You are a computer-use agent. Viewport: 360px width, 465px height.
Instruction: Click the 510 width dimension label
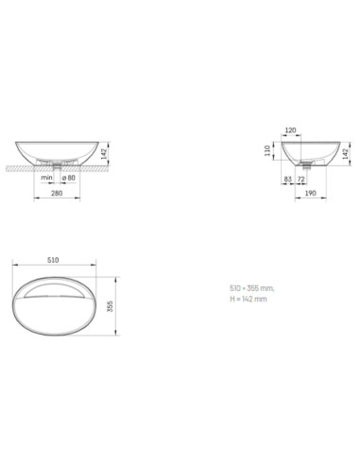click(x=53, y=260)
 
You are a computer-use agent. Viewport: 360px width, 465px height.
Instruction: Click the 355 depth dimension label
click(x=110, y=306)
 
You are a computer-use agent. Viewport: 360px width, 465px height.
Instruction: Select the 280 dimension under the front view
click(x=57, y=193)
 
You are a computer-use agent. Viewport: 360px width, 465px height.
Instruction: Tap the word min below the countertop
click(x=46, y=178)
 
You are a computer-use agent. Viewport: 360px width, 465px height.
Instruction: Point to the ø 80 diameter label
click(x=69, y=178)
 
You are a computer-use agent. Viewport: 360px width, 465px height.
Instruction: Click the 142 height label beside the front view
click(x=104, y=154)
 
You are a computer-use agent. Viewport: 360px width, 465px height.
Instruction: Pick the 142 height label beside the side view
click(x=346, y=154)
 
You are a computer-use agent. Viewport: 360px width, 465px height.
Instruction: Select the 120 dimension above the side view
click(x=290, y=130)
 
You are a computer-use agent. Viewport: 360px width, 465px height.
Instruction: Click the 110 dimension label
click(x=267, y=150)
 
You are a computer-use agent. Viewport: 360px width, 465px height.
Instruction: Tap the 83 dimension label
click(x=288, y=180)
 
